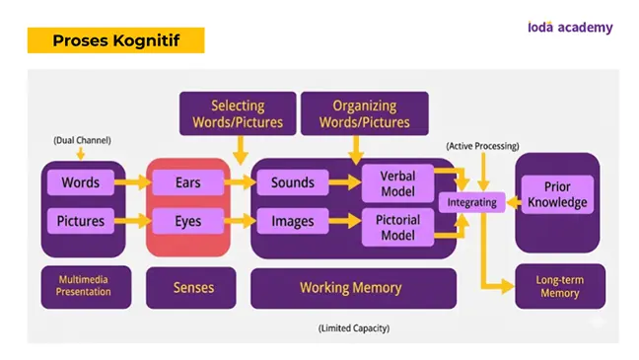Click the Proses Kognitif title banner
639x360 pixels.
click(115, 40)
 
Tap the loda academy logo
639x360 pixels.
click(570, 28)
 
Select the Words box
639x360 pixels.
click(81, 182)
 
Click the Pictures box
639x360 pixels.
click(81, 221)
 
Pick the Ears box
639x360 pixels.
click(188, 182)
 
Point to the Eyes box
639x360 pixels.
click(188, 221)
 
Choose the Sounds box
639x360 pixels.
click(293, 182)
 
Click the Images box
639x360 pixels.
click(293, 221)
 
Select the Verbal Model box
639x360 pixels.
click(397, 183)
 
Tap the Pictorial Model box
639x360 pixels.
click(397, 228)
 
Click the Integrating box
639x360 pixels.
click(472, 202)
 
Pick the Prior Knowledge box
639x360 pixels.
click(557, 194)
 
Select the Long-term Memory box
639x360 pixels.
click(560, 286)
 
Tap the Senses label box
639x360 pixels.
click(190, 288)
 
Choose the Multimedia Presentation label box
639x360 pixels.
click(86, 287)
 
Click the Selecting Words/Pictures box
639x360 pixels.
click(238, 113)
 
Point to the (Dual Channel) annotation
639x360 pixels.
click(82, 140)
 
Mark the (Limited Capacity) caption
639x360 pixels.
click(354, 328)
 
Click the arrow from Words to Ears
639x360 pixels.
click(133, 182)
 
